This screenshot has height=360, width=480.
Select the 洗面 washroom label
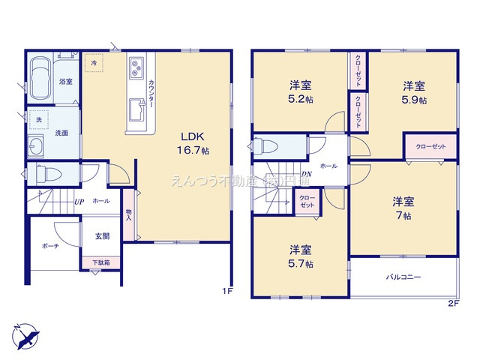coord(61,133)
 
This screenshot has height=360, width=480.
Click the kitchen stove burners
coord(137,69)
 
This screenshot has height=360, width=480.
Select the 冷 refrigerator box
coord(94,64)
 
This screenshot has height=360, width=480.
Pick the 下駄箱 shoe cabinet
coord(100,263)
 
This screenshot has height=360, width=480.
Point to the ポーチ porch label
coord(50,245)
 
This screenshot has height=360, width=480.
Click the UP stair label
coord(79,202)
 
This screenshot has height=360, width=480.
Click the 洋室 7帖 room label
coord(403,208)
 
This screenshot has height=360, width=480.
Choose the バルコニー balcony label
coord(403,277)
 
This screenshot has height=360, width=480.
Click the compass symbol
coord(24,334)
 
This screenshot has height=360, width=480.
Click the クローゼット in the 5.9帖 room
coord(430,146)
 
